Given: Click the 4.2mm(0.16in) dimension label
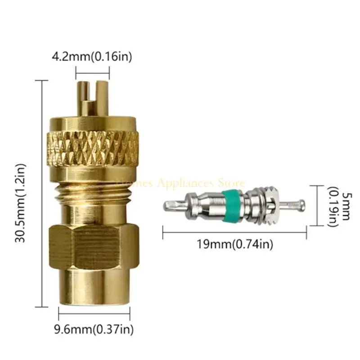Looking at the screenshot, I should click(92, 57).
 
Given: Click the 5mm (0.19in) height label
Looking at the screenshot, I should click(338, 206).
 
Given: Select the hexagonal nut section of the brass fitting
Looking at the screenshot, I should click(93, 245).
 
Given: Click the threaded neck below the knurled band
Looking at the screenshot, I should click(92, 189).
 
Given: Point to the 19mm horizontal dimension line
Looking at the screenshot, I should click(234, 232).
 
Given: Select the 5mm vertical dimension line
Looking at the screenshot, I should click(319, 205).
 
